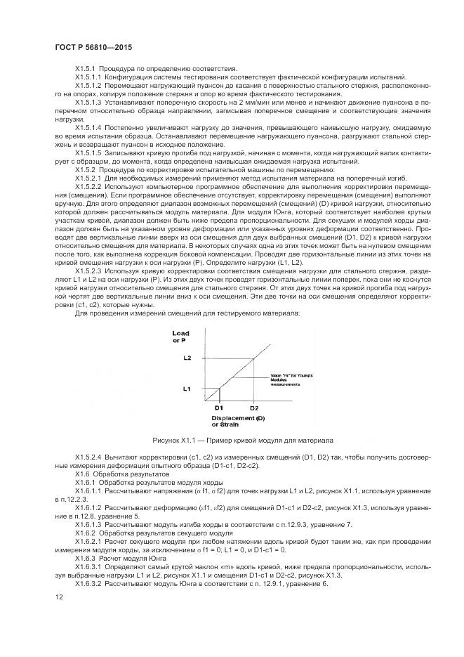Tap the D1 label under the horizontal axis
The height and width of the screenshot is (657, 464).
coord(218,408)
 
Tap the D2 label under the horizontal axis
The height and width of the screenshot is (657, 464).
coord(253,408)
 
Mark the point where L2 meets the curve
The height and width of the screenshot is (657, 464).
coord(254,358)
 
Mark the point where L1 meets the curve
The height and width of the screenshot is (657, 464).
coord(219,387)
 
